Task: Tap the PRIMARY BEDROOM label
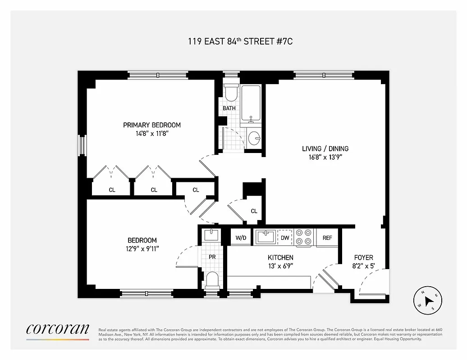point(152,125)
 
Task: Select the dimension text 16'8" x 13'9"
point(325,157)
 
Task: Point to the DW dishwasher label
point(285,238)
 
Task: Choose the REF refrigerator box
point(327,238)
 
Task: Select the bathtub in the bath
point(252,103)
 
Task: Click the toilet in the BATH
point(231,93)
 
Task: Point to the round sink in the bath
point(254,138)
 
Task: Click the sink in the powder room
point(211,235)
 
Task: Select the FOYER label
point(363,257)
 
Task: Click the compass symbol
point(428,300)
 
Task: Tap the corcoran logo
point(57,328)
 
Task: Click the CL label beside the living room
point(254,211)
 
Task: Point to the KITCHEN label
point(280,257)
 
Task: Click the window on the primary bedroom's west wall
point(82,145)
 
